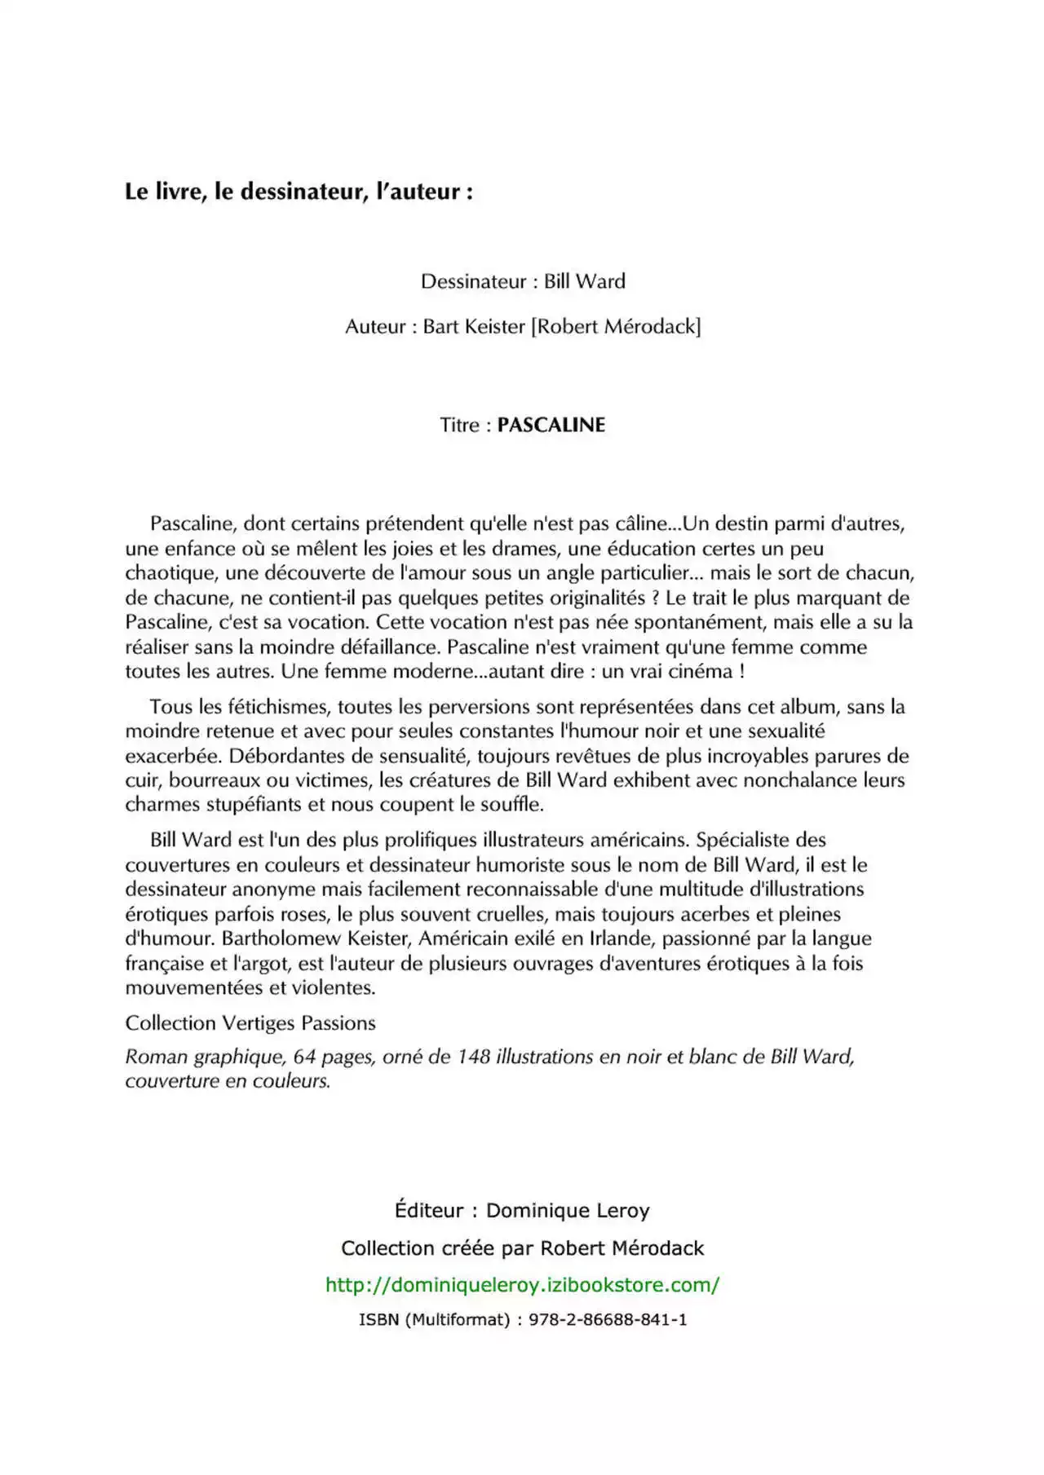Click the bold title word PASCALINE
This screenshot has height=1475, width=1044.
(551, 425)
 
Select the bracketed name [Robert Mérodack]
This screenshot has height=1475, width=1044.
(616, 327)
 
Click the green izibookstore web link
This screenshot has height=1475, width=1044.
(522, 1285)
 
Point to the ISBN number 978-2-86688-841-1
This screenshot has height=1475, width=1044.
(608, 1319)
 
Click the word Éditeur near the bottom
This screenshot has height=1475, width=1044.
(428, 1211)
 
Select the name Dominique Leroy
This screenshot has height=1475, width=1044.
(568, 1211)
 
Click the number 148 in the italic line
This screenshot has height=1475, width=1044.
(474, 1057)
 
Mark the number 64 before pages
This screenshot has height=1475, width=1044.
(304, 1057)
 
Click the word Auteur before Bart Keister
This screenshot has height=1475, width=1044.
(374, 327)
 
